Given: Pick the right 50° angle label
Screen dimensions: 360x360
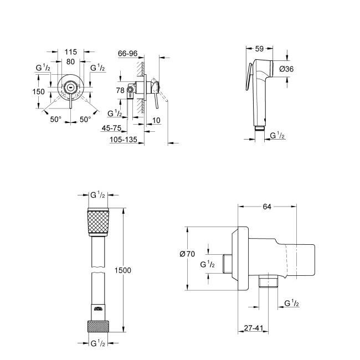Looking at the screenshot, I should pos(84,119).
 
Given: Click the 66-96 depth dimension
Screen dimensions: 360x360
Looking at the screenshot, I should pos(128,53).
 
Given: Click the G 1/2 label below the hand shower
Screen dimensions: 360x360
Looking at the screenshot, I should pos(277,136).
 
